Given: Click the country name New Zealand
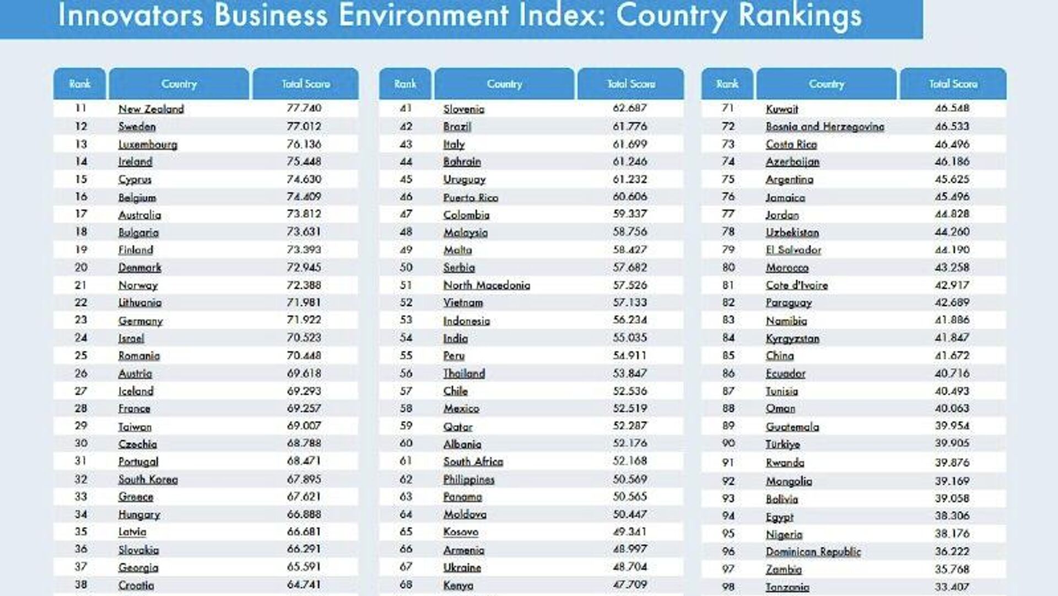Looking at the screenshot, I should click(151, 109).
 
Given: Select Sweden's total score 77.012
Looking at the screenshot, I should click(304, 126).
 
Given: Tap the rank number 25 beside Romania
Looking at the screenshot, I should click(81, 356).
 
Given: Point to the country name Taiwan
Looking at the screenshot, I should click(135, 426).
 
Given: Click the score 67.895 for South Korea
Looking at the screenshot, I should click(304, 479).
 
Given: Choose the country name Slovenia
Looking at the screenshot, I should click(464, 109).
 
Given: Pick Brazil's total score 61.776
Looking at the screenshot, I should click(630, 126).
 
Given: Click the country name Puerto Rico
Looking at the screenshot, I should click(471, 197).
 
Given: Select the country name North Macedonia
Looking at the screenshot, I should click(487, 285).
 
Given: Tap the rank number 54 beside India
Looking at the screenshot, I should click(406, 338).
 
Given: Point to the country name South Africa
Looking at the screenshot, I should click(473, 461).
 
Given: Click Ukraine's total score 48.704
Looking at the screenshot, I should click(630, 567).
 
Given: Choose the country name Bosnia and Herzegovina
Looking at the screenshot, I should click(825, 126).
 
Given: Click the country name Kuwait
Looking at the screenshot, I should click(782, 109).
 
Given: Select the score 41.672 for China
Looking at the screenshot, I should click(952, 356).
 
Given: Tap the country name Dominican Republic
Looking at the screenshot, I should click(813, 551).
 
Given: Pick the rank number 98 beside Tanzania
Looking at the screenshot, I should click(728, 587).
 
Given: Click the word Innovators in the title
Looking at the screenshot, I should click(131, 15).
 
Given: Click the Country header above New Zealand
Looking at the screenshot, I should click(179, 84).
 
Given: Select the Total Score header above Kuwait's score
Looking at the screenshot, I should click(953, 84).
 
